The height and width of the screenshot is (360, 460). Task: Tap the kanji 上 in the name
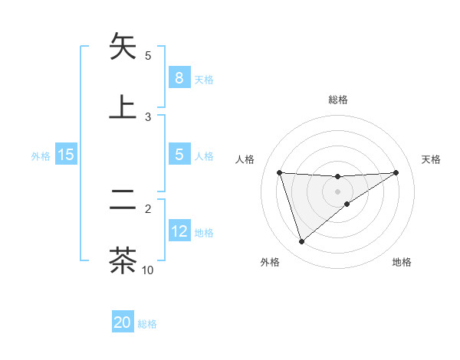(123, 106)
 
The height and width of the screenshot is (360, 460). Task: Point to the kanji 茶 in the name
(123, 260)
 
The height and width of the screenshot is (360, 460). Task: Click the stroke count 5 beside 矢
(148, 56)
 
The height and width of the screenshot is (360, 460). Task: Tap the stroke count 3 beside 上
(148, 117)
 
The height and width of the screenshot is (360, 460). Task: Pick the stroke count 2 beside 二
(148, 208)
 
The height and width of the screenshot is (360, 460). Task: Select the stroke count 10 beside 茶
(148, 270)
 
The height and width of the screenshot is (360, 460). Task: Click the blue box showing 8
(179, 77)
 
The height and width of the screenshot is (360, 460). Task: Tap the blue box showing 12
(179, 231)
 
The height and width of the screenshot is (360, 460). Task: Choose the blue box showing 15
(65, 155)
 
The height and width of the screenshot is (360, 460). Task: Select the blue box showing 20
(123, 322)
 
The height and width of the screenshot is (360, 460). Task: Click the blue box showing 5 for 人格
(179, 155)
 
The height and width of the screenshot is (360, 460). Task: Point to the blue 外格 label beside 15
(41, 155)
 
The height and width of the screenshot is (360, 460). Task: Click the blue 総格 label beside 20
(147, 324)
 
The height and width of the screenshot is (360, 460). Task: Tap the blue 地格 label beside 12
(205, 233)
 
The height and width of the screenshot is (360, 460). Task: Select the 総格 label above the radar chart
(338, 100)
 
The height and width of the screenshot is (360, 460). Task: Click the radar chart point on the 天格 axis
(396, 172)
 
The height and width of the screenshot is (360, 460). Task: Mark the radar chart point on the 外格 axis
(301, 242)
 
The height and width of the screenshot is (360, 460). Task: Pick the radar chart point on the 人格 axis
(279, 172)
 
